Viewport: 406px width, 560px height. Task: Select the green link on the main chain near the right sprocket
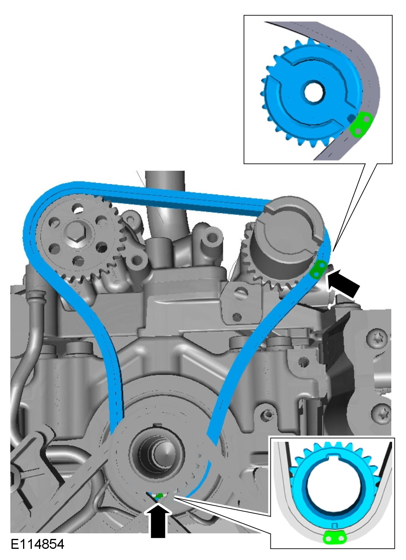318,269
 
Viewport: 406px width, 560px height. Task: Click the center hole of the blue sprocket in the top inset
314,92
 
